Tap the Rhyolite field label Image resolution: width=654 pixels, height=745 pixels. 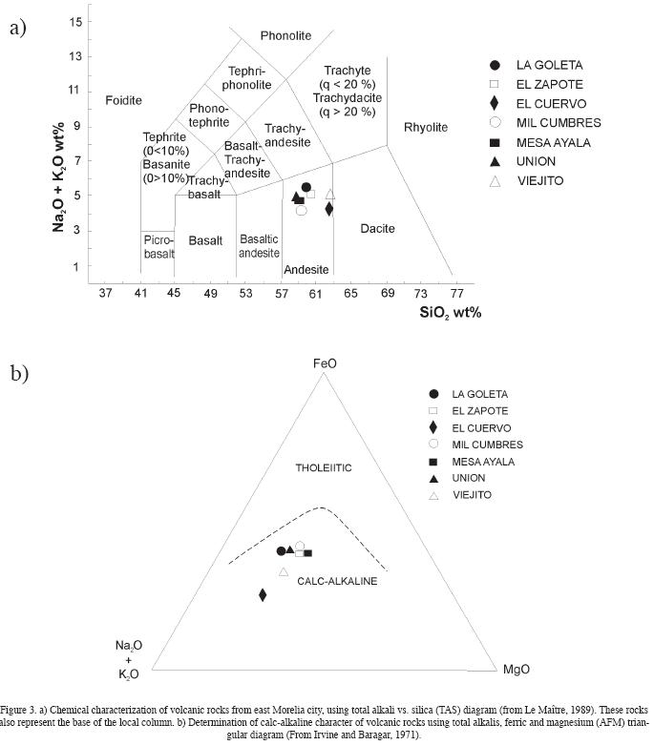tap(425, 127)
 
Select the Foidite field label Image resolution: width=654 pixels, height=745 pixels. tap(123, 100)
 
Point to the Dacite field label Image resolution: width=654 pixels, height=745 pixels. tap(377, 228)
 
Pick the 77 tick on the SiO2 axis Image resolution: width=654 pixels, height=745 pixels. tap(456, 294)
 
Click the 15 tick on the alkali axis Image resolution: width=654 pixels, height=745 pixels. tap(74, 21)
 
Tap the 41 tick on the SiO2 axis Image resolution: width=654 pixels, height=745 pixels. tap(140, 294)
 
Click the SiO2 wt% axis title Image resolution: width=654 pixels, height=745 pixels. tap(450, 313)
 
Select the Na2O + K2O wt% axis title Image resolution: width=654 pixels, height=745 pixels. tap(59, 176)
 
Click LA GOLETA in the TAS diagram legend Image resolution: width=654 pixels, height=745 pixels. tap(549, 65)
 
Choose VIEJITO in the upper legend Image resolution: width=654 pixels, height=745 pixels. tap(539, 180)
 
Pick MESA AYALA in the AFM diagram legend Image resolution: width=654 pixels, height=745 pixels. tap(483, 462)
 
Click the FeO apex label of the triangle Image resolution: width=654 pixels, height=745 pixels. tap(325, 363)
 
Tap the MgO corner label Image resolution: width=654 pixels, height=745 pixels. tap(517, 669)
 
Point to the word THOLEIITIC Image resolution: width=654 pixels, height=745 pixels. tap(325, 467)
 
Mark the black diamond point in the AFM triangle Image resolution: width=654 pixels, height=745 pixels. tap(263, 595)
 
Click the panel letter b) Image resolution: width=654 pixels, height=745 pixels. tap(19, 372)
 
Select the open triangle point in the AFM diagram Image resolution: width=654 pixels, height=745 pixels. tap(284, 572)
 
